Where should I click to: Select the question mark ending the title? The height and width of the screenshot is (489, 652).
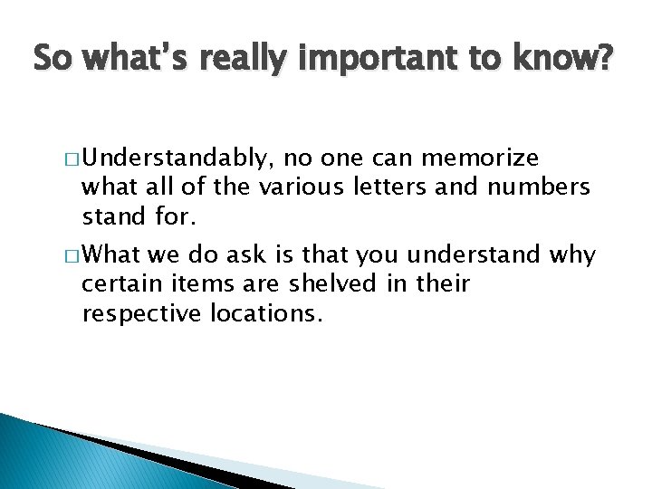tap(605, 61)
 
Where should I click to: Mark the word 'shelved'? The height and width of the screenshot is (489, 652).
tap(345, 285)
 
